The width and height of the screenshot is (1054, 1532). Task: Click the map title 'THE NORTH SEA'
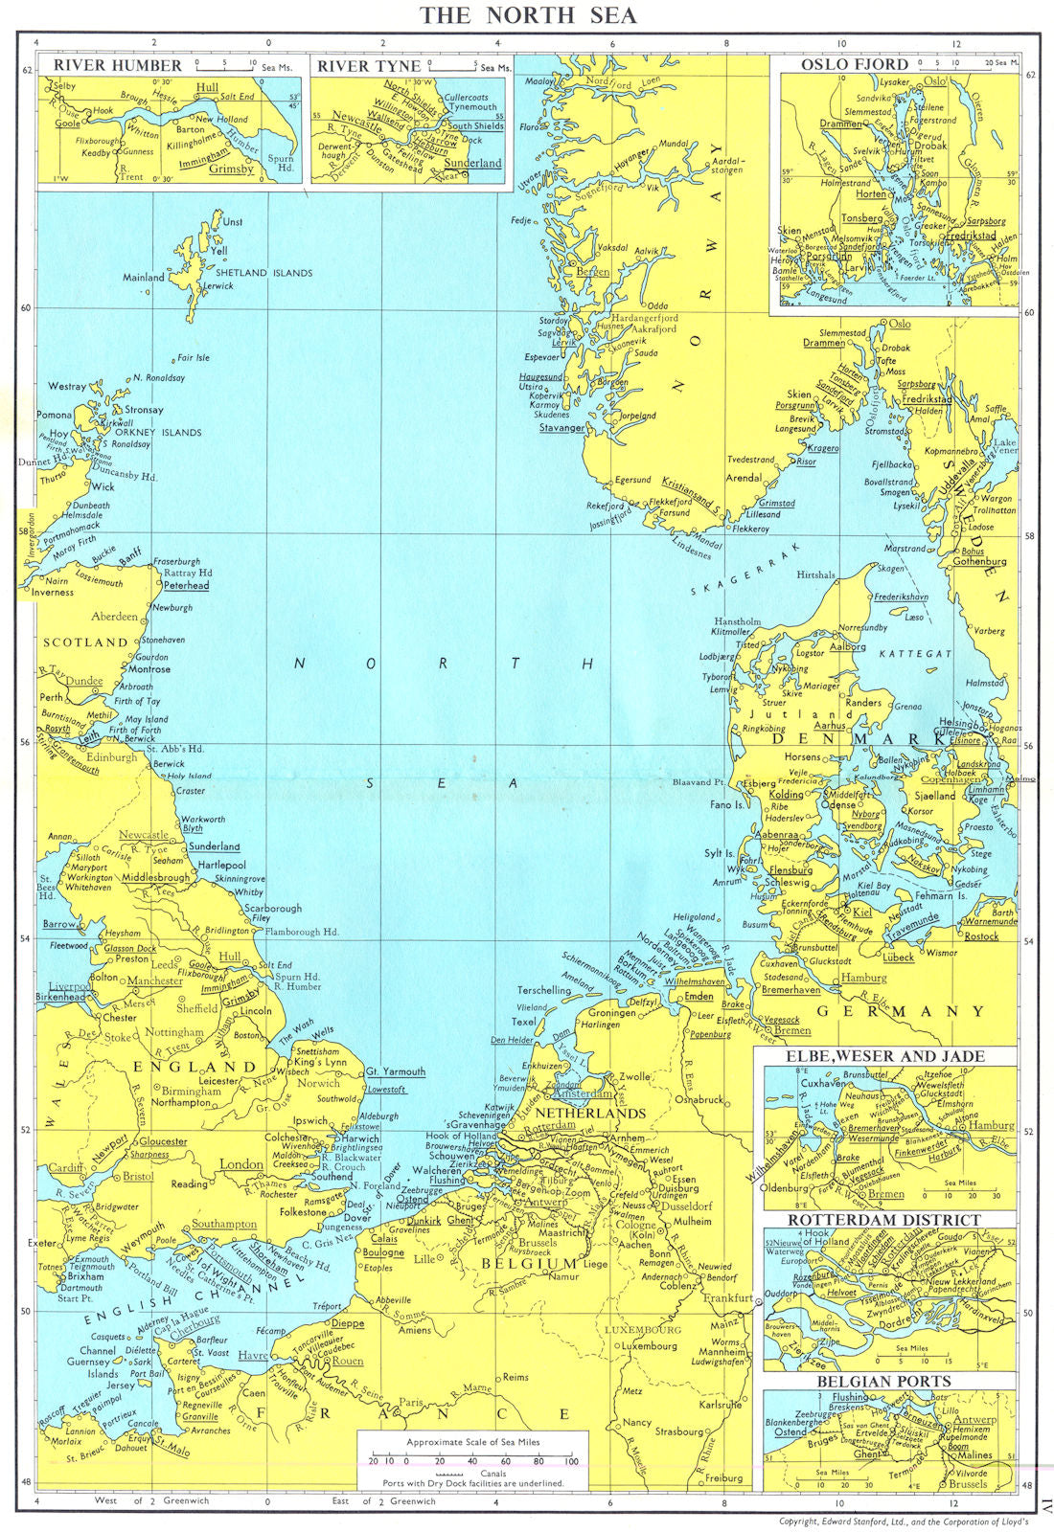(x=528, y=15)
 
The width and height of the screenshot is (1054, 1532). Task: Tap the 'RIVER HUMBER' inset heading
(x=117, y=65)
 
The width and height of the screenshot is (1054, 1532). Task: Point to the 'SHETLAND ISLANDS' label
(x=263, y=273)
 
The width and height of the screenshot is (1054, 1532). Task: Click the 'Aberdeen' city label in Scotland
(x=114, y=617)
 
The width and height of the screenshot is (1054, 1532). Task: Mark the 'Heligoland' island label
(x=694, y=916)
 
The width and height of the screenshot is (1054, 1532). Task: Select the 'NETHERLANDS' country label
(x=590, y=1114)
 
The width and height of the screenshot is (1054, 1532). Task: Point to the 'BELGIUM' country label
(x=543, y=1263)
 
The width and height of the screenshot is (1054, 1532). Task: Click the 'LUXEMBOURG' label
(x=642, y=1329)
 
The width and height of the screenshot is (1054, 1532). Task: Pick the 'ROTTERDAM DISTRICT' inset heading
(x=884, y=1220)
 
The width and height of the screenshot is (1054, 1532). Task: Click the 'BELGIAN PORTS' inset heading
(x=883, y=1381)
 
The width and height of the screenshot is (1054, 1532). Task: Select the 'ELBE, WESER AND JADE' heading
(x=884, y=1055)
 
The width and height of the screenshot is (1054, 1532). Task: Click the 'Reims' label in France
(x=515, y=1377)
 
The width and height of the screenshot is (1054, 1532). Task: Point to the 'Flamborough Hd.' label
(x=302, y=931)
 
